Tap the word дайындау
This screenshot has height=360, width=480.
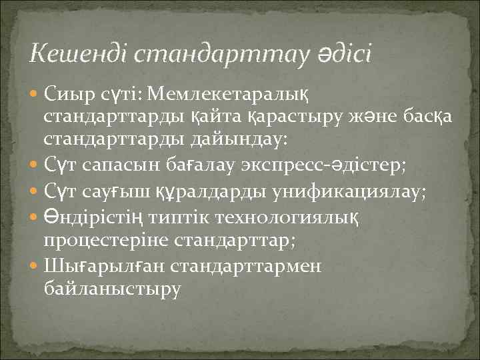[236, 140]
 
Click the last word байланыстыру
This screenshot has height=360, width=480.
[111, 290]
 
